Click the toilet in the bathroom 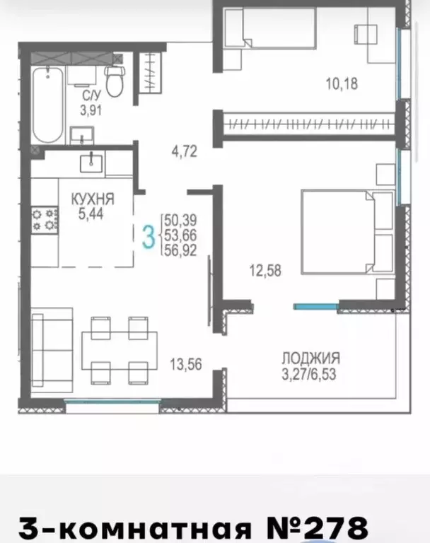pyautogui.click(x=115, y=82)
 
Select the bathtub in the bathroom pyautogui.click(x=48, y=105)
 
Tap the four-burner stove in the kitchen pyautogui.click(x=45, y=221)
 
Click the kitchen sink pyautogui.click(x=91, y=163)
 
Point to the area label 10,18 pyautogui.click(x=342, y=84)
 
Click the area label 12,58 pyautogui.click(x=265, y=271)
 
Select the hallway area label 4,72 pyautogui.click(x=185, y=151)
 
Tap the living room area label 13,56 pyautogui.click(x=186, y=364)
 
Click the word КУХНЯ pyautogui.click(x=93, y=199)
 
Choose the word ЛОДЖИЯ pyautogui.click(x=310, y=358)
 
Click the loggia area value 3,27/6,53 pyautogui.click(x=309, y=375)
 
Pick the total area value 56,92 pyautogui.click(x=180, y=250)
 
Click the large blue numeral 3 pyautogui.click(x=149, y=236)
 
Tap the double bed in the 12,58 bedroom pyautogui.click(x=347, y=232)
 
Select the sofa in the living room pyautogui.click(x=52, y=350)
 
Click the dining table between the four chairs pyautogui.click(x=120, y=351)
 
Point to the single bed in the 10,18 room pyautogui.click(x=270, y=28)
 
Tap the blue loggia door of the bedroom pyautogui.click(x=316, y=306)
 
